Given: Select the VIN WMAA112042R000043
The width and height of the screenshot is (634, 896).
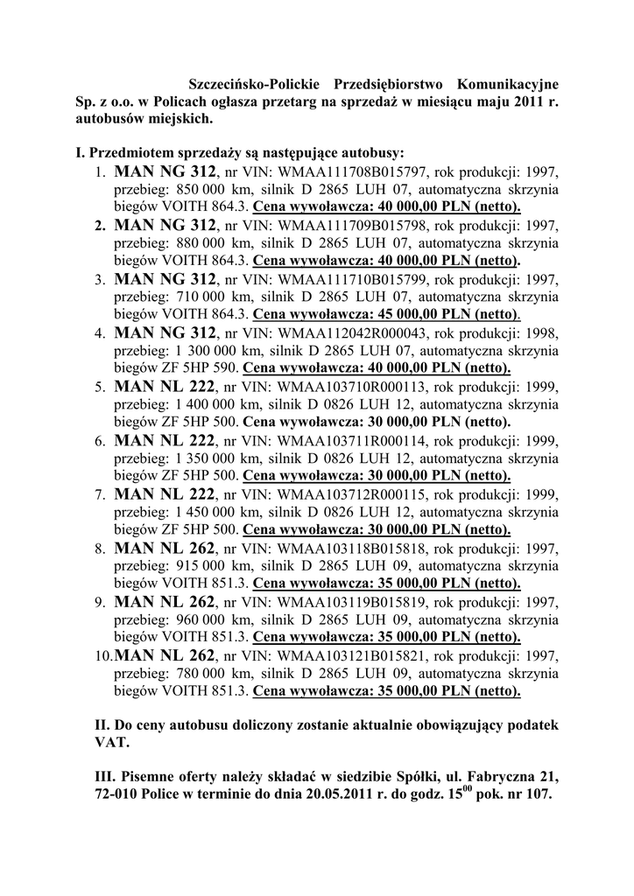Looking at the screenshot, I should [x=353, y=333].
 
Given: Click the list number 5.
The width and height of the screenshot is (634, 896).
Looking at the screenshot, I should [x=100, y=388].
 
